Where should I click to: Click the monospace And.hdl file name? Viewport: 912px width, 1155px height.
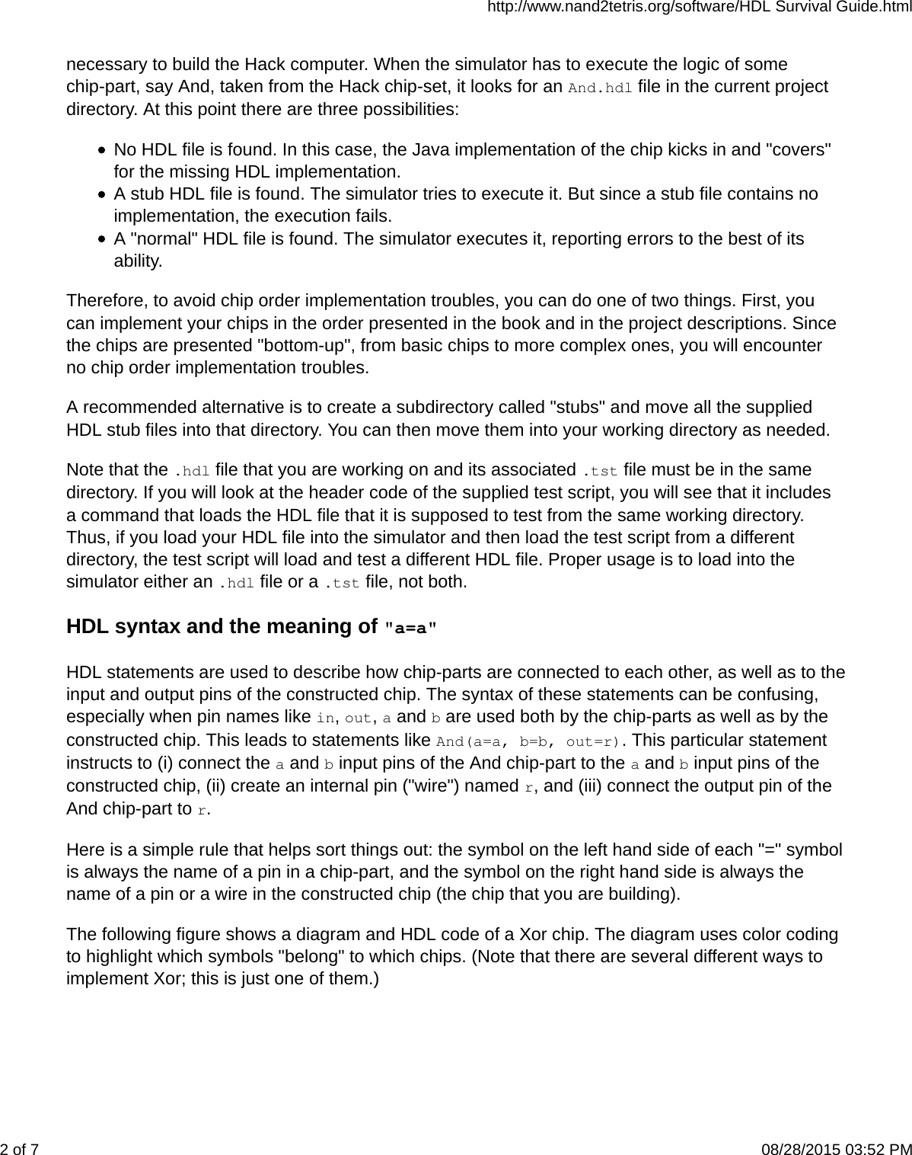(x=600, y=88)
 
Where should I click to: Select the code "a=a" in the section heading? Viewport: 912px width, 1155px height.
(x=411, y=629)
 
